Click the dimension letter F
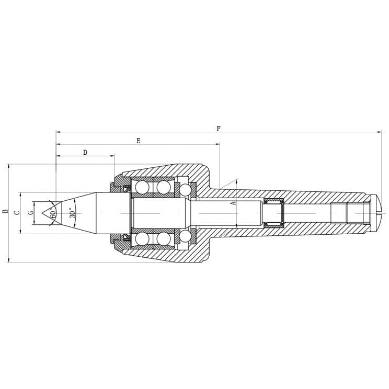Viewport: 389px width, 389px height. (219, 128)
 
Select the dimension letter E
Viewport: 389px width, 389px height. (138, 141)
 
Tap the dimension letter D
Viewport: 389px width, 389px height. (85, 152)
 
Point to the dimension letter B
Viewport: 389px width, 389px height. (5, 212)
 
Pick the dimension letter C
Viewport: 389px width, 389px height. (17, 212)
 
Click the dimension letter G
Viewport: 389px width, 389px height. (30, 212)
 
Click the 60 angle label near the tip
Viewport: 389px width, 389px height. (53, 214)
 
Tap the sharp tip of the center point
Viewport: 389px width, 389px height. (43, 213)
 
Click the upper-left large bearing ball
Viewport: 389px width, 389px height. (142, 187)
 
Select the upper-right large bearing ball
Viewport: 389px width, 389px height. (164, 187)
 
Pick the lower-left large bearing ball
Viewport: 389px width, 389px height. (142, 239)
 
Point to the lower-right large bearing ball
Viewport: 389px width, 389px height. (164, 239)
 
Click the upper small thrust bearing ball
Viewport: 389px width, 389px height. (185, 191)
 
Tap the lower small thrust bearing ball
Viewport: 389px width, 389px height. (185, 235)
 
